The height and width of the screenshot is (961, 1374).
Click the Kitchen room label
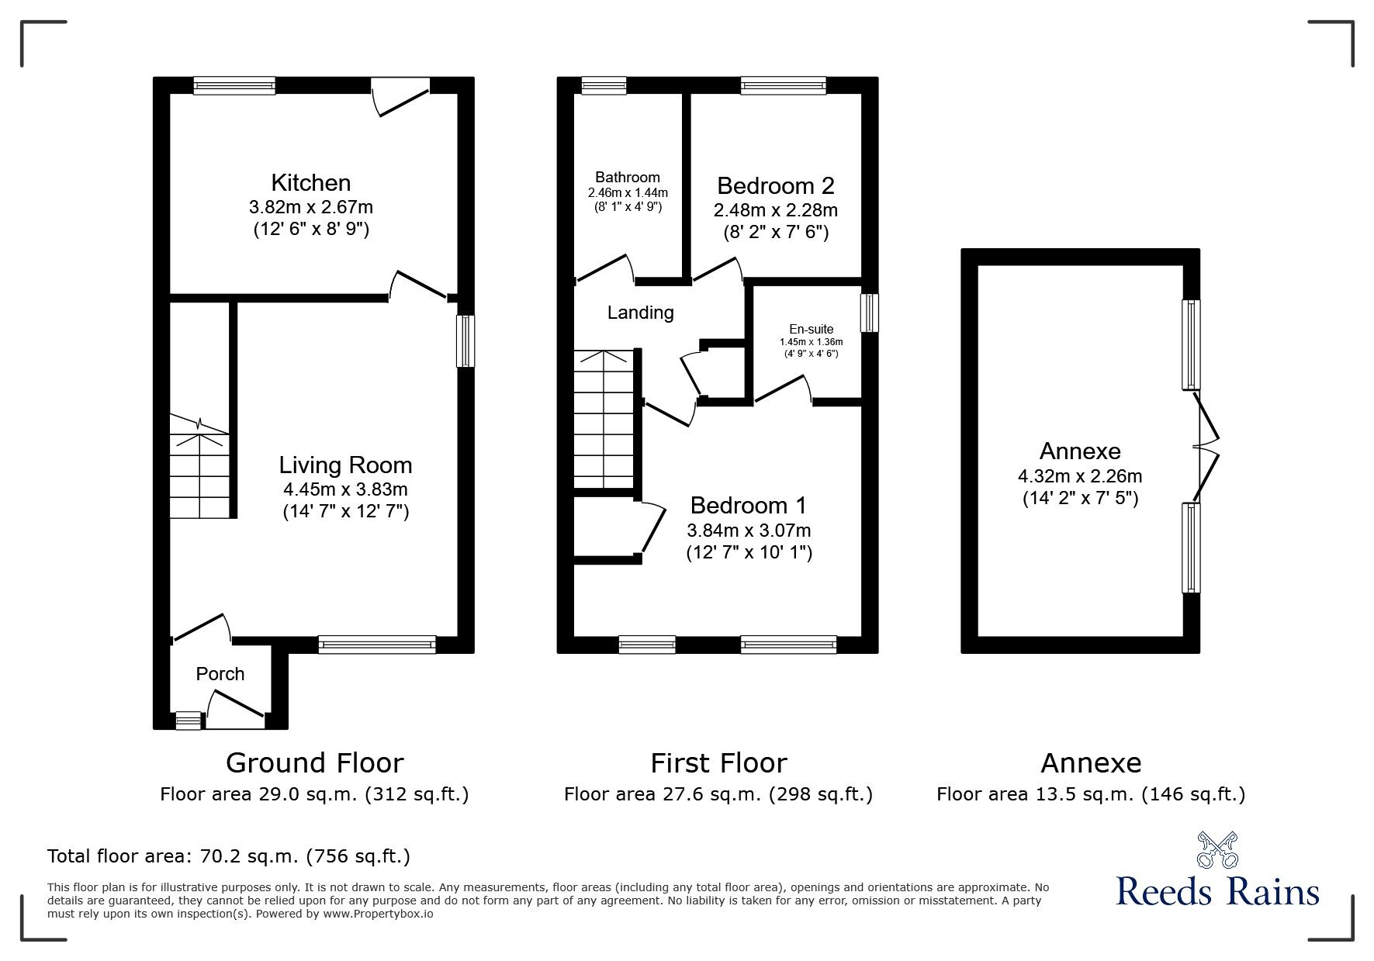pos(310,183)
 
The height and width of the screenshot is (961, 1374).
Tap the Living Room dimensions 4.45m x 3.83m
pos(345,489)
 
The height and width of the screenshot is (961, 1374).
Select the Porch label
pos(220,674)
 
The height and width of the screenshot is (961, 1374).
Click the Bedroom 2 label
pos(775,186)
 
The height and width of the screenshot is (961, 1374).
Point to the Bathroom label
pos(628,178)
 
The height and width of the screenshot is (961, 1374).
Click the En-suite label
pos(812,329)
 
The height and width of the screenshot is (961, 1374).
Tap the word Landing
pos(640,313)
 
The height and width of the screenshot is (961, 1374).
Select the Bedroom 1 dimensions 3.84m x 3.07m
pos(749,531)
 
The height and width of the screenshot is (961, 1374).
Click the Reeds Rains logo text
pos(1217,891)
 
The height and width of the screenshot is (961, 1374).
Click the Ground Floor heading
pos(314,763)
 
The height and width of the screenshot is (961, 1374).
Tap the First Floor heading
pos(718,763)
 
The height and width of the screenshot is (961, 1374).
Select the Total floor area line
pos(229,856)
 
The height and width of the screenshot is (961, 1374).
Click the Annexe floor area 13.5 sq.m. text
pos(1090,794)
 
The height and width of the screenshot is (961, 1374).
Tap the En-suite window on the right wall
pos(870,313)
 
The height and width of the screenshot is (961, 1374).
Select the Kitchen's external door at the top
pos(400,95)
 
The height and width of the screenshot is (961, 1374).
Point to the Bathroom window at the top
pos(604,85)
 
